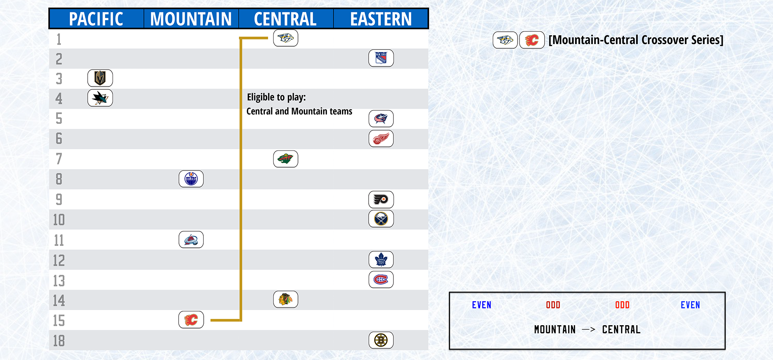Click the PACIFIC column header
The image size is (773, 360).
click(x=96, y=19)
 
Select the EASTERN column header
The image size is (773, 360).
click(x=381, y=19)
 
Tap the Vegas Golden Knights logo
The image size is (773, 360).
click(x=100, y=78)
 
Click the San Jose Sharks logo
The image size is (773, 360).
click(x=100, y=98)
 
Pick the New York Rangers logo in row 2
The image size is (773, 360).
click(x=381, y=58)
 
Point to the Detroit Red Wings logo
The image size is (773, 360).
click(x=381, y=138)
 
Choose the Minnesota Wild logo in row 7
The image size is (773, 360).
click(x=286, y=159)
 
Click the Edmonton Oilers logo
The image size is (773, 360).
click(x=191, y=179)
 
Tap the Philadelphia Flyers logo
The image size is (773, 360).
click(x=381, y=200)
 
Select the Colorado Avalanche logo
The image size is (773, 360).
click(x=191, y=239)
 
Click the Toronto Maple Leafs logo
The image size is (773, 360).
click(x=381, y=259)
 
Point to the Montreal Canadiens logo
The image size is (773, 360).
click(x=381, y=280)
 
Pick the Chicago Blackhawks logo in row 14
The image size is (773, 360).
click(x=286, y=299)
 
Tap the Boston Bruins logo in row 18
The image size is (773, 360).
click(x=381, y=340)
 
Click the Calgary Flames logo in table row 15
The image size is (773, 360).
click(x=191, y=320)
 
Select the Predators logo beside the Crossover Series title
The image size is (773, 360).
click(x=505, y=40)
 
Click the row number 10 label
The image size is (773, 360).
click(x=59, y=220)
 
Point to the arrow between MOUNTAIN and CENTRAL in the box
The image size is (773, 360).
click(x=588, y=329)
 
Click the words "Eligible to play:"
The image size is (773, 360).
click(x=276, y=97)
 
